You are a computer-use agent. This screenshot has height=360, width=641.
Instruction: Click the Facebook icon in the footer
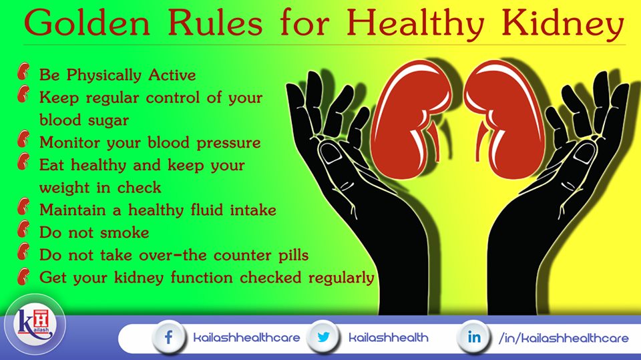168,337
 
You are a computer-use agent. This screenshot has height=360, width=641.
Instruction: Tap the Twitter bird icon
324,337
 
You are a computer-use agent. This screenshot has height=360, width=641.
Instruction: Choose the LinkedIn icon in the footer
473,337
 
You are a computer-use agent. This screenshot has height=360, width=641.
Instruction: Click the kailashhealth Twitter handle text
389,338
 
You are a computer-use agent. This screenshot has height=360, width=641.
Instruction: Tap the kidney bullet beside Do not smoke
25,232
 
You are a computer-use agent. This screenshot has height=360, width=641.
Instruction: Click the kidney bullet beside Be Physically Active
25,73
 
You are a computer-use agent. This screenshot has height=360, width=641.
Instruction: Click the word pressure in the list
226,143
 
